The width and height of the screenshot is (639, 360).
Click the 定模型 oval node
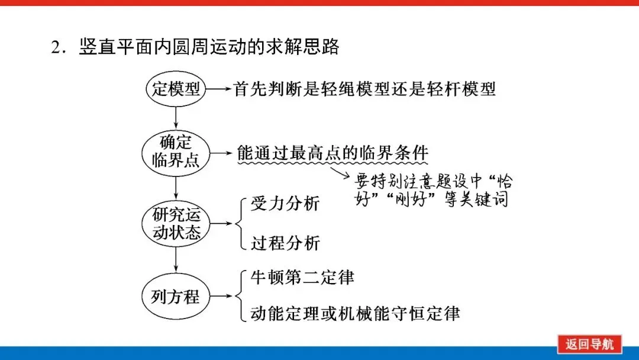click(x=176, y=89)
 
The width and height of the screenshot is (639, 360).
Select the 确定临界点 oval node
click(x=176, y=152)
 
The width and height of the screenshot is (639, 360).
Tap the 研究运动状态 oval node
click(x=176, y=223)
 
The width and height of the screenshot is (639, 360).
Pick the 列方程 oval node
click(x=176, y=297)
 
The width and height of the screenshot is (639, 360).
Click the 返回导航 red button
click(x=589, y=344)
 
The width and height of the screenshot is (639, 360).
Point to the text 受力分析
click(x=285, y=204)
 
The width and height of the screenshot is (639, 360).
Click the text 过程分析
click(x=285, y=243)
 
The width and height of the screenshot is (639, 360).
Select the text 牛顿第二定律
click(x=302, y=277)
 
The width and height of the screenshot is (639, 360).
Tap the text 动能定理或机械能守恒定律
click(x=355, y=313)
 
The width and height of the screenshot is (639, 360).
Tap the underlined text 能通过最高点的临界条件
click(x=332, y=153)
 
